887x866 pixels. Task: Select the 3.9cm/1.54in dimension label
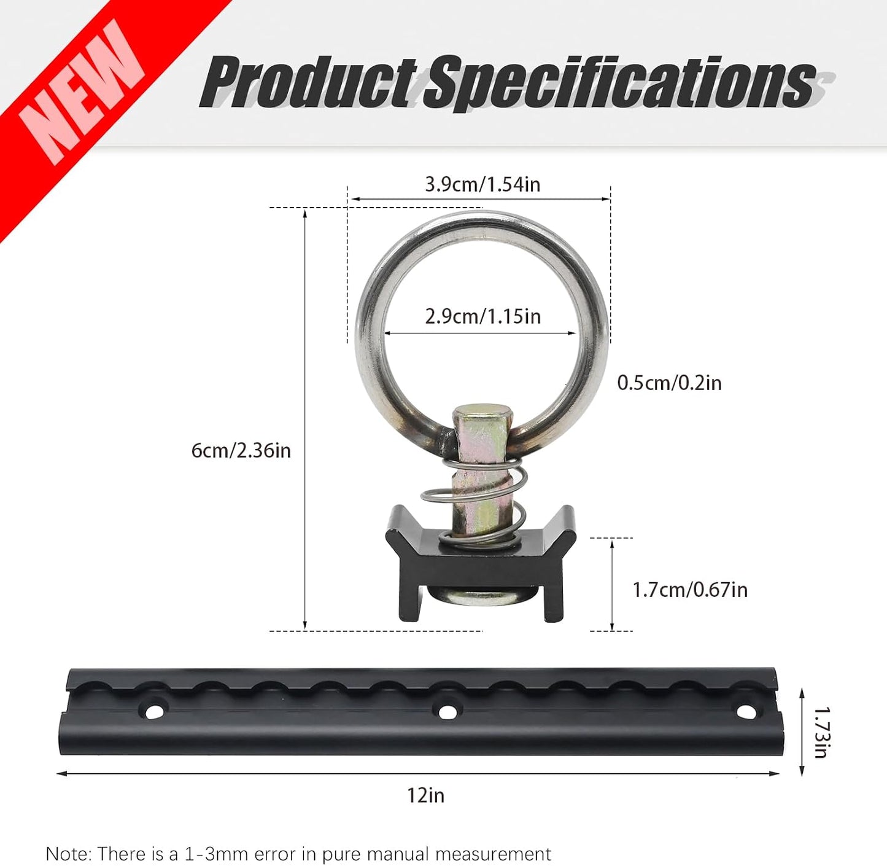click(482, 185)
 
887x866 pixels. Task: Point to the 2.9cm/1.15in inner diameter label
click(482, 316)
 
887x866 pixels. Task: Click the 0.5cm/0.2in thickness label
click(669, 383)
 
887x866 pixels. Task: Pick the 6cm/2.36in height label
click(241, 451)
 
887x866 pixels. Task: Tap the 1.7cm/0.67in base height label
click(690, 590)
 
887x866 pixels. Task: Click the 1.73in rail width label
click(821, 733)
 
